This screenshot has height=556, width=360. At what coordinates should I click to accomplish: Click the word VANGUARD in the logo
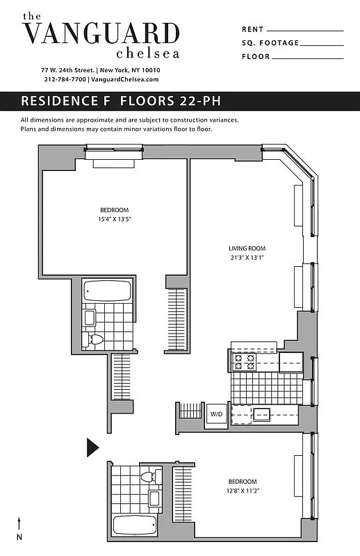tap(101, 33)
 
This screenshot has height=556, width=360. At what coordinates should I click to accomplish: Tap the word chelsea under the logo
tap(147, 53)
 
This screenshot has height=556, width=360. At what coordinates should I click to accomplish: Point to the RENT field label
tap(253, 30)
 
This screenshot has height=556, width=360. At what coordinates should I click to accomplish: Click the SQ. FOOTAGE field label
tap(270, 43)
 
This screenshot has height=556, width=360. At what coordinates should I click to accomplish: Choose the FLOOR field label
tap(256, 56)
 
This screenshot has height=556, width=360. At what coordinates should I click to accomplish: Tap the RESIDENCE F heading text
tap(69, 101)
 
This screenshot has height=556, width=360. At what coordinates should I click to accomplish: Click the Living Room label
tap(247, 248)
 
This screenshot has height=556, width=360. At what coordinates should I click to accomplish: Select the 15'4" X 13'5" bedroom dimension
tap(115, 219)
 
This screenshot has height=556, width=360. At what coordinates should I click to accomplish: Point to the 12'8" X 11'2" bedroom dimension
tap(243, 491)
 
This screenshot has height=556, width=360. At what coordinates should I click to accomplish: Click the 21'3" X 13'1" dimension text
tap(247, 257)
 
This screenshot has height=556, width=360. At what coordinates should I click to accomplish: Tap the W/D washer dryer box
tap(216, 414)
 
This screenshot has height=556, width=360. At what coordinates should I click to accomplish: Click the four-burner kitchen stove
tap(245, 361)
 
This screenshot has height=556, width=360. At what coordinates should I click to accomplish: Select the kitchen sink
tap(262, 415)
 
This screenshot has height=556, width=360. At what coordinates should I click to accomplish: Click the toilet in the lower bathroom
tap(147, 477)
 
